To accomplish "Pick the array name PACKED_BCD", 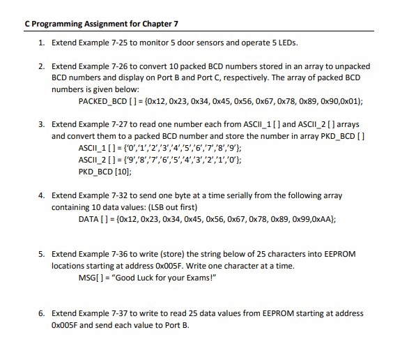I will [x=102, y=100].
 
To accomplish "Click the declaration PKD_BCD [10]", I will [x=104, y=170].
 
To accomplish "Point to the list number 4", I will [x=40, y=196].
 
